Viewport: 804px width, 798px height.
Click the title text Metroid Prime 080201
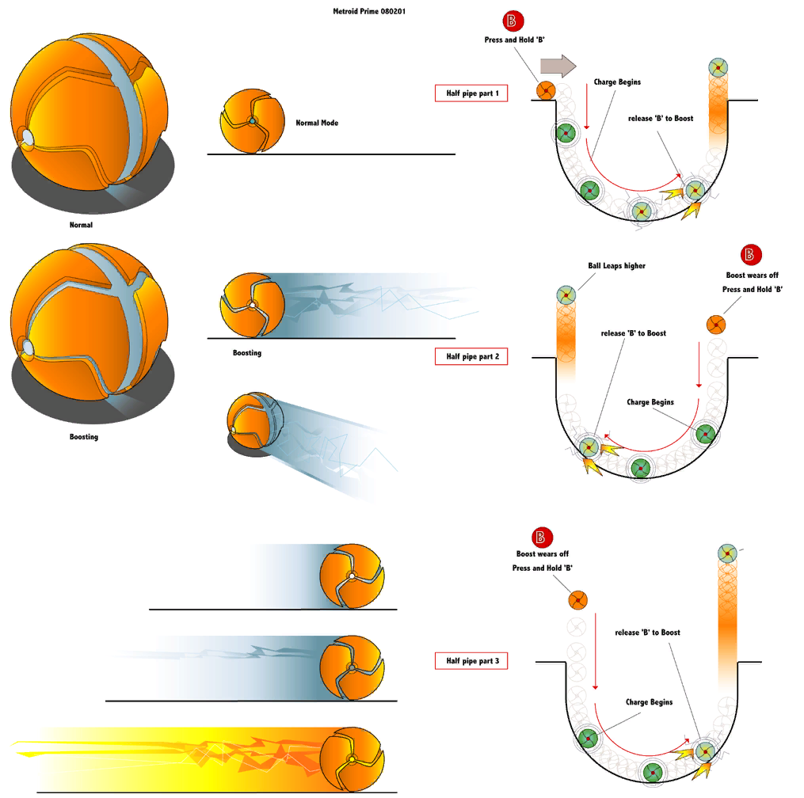pos(370,12)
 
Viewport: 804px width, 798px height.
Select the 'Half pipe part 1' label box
pos(471,93)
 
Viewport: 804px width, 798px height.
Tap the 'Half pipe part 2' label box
pos(471,356)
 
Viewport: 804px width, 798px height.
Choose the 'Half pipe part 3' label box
pos(471,660)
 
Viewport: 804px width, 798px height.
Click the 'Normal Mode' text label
pos(317,123)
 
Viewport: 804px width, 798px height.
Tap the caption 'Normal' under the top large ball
pos(81,225)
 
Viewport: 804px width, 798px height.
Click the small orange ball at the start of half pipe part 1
pos(546,90)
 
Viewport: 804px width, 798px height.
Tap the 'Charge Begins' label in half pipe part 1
pos(617,82)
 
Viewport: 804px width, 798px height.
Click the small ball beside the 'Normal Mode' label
pos(251,121)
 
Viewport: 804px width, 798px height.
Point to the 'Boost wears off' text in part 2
pos(752,275)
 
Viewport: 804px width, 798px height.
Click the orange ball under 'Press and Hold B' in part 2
pos(715,324)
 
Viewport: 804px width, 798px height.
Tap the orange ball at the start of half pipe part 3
pos(578,600)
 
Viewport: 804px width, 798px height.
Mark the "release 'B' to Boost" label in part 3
pos(647,633)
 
